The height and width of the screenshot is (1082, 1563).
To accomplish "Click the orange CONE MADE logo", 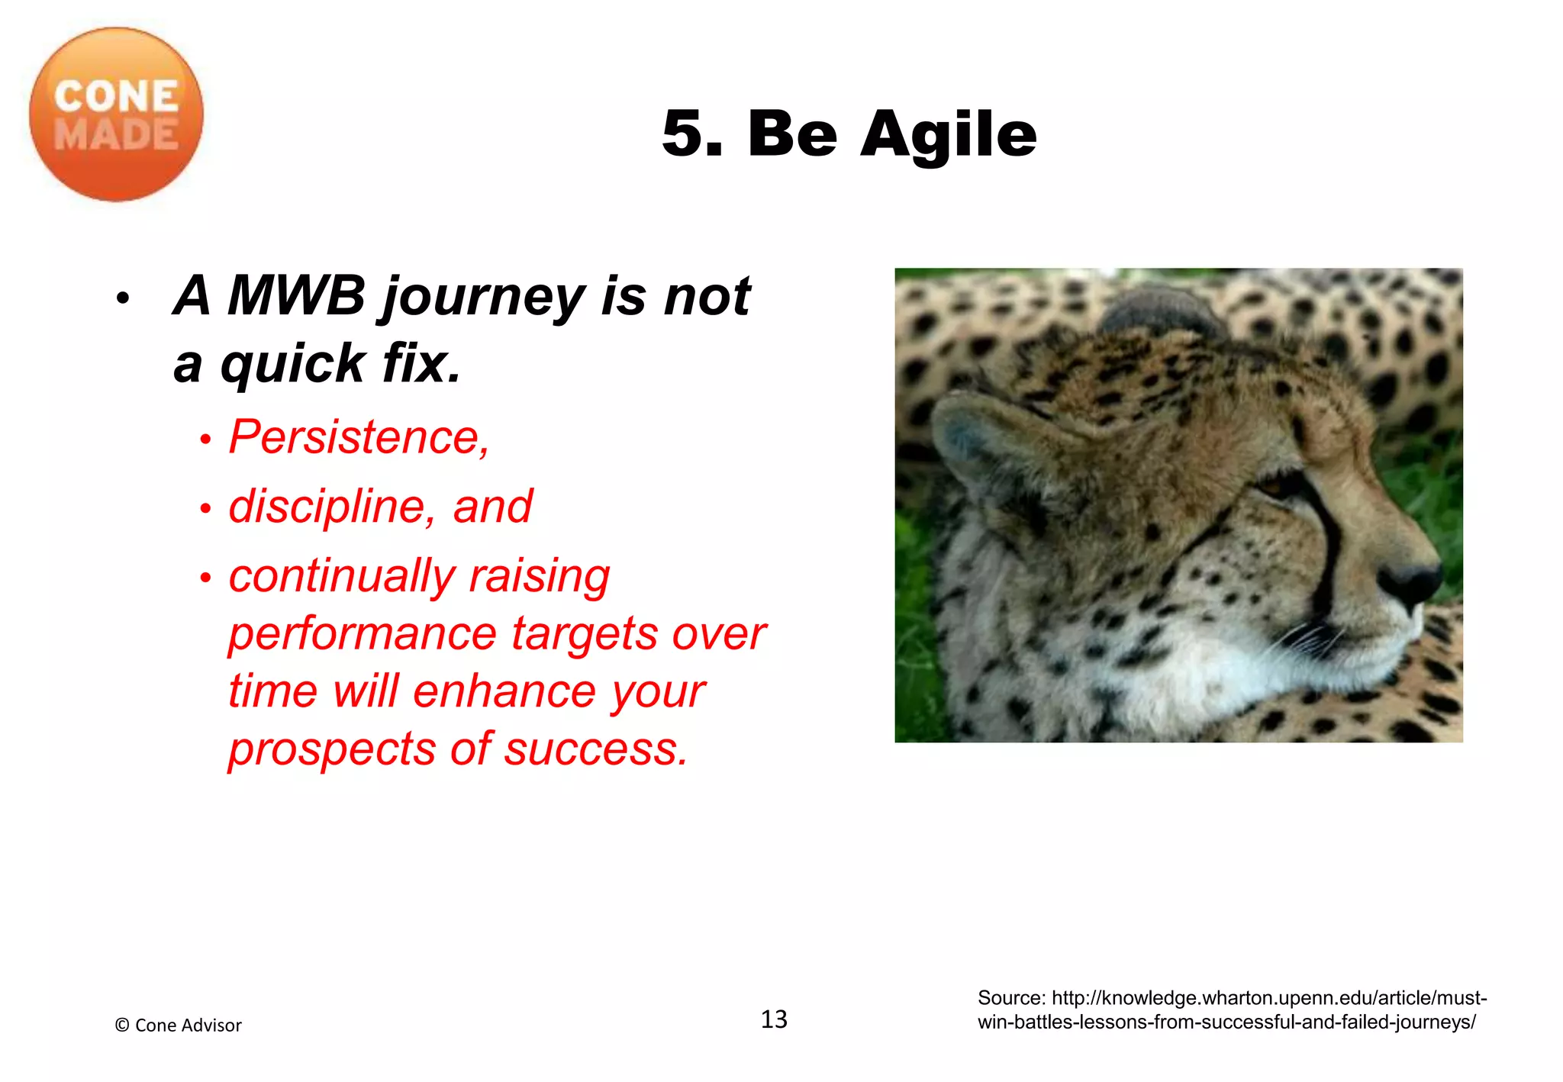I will point(116,114).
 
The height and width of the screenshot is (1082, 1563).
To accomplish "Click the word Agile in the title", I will point(949,134).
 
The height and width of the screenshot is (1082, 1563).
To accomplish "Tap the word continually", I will point(341,575).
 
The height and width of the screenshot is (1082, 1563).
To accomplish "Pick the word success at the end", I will point(595,749).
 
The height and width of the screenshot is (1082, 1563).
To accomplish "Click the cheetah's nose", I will point(1412,581).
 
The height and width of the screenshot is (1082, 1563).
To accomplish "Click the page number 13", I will point(774,1019).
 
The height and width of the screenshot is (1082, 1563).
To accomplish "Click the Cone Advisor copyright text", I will point(178,1026).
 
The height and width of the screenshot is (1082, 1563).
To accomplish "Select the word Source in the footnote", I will point(1010,998).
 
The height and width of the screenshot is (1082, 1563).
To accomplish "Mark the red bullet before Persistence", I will point(205,440).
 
